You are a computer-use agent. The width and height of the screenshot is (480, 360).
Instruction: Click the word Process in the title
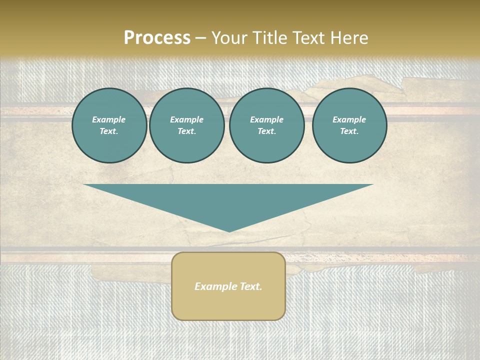157,38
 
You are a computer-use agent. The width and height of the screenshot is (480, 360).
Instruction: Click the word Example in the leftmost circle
109,119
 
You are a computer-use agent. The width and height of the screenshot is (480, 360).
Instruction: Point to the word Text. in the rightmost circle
349,131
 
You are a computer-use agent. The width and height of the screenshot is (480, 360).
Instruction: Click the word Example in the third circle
266,119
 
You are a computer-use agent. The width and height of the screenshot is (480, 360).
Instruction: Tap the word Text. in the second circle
186,131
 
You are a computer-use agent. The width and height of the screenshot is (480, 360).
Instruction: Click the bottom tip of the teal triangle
229,230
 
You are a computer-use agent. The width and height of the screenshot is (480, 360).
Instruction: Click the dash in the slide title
200,38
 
